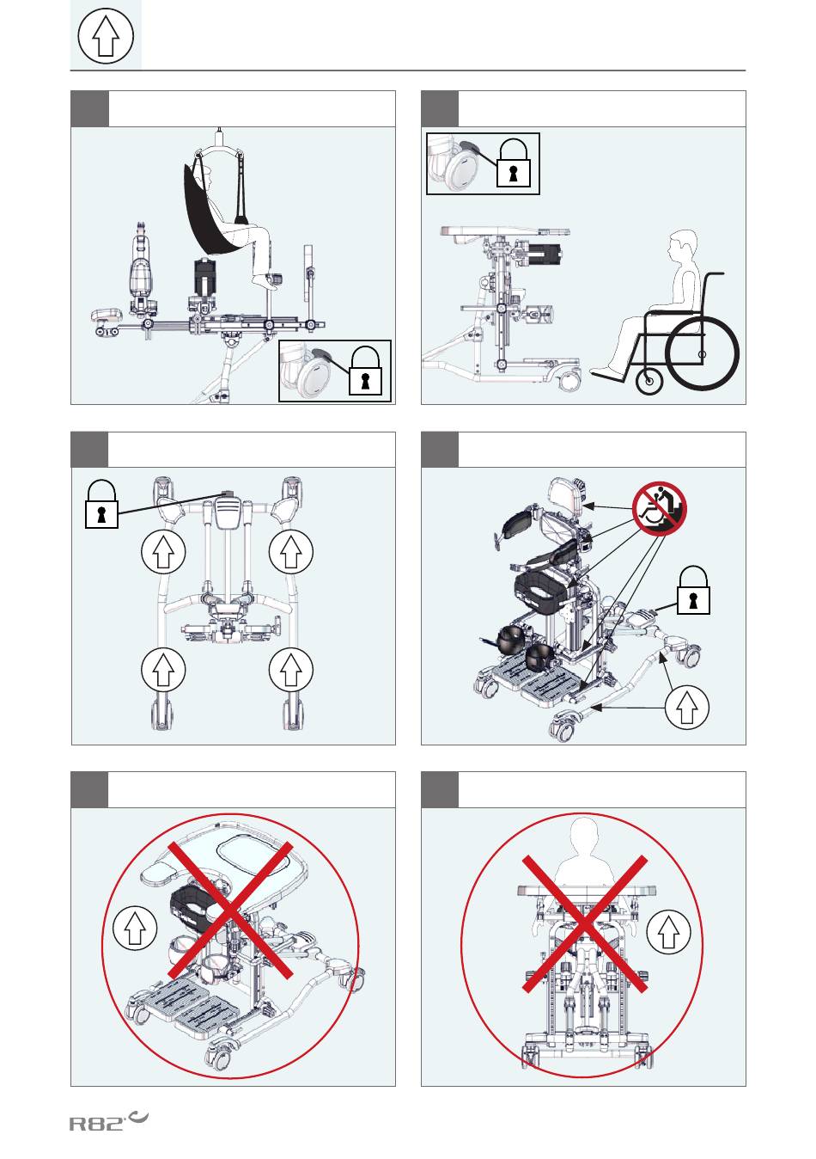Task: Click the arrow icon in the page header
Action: [106, 36]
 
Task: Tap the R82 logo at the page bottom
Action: [108, 1120]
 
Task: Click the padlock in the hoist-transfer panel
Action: [365, 371]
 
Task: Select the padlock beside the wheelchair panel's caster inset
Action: [513, 163]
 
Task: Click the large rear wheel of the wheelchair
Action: [702, 353]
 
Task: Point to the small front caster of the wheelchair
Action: [650, 383]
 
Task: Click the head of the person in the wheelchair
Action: [682, 246]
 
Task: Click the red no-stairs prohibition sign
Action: [660, 507]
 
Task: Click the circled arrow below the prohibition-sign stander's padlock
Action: [687, 708]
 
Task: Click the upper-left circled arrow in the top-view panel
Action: [163, 552]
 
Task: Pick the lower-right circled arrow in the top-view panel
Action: [291, 669]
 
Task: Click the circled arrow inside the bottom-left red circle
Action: [135, 928]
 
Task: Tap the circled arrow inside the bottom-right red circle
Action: [669, 932]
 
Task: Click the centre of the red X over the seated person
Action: [584, 924]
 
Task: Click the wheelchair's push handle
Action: [716, 273]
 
